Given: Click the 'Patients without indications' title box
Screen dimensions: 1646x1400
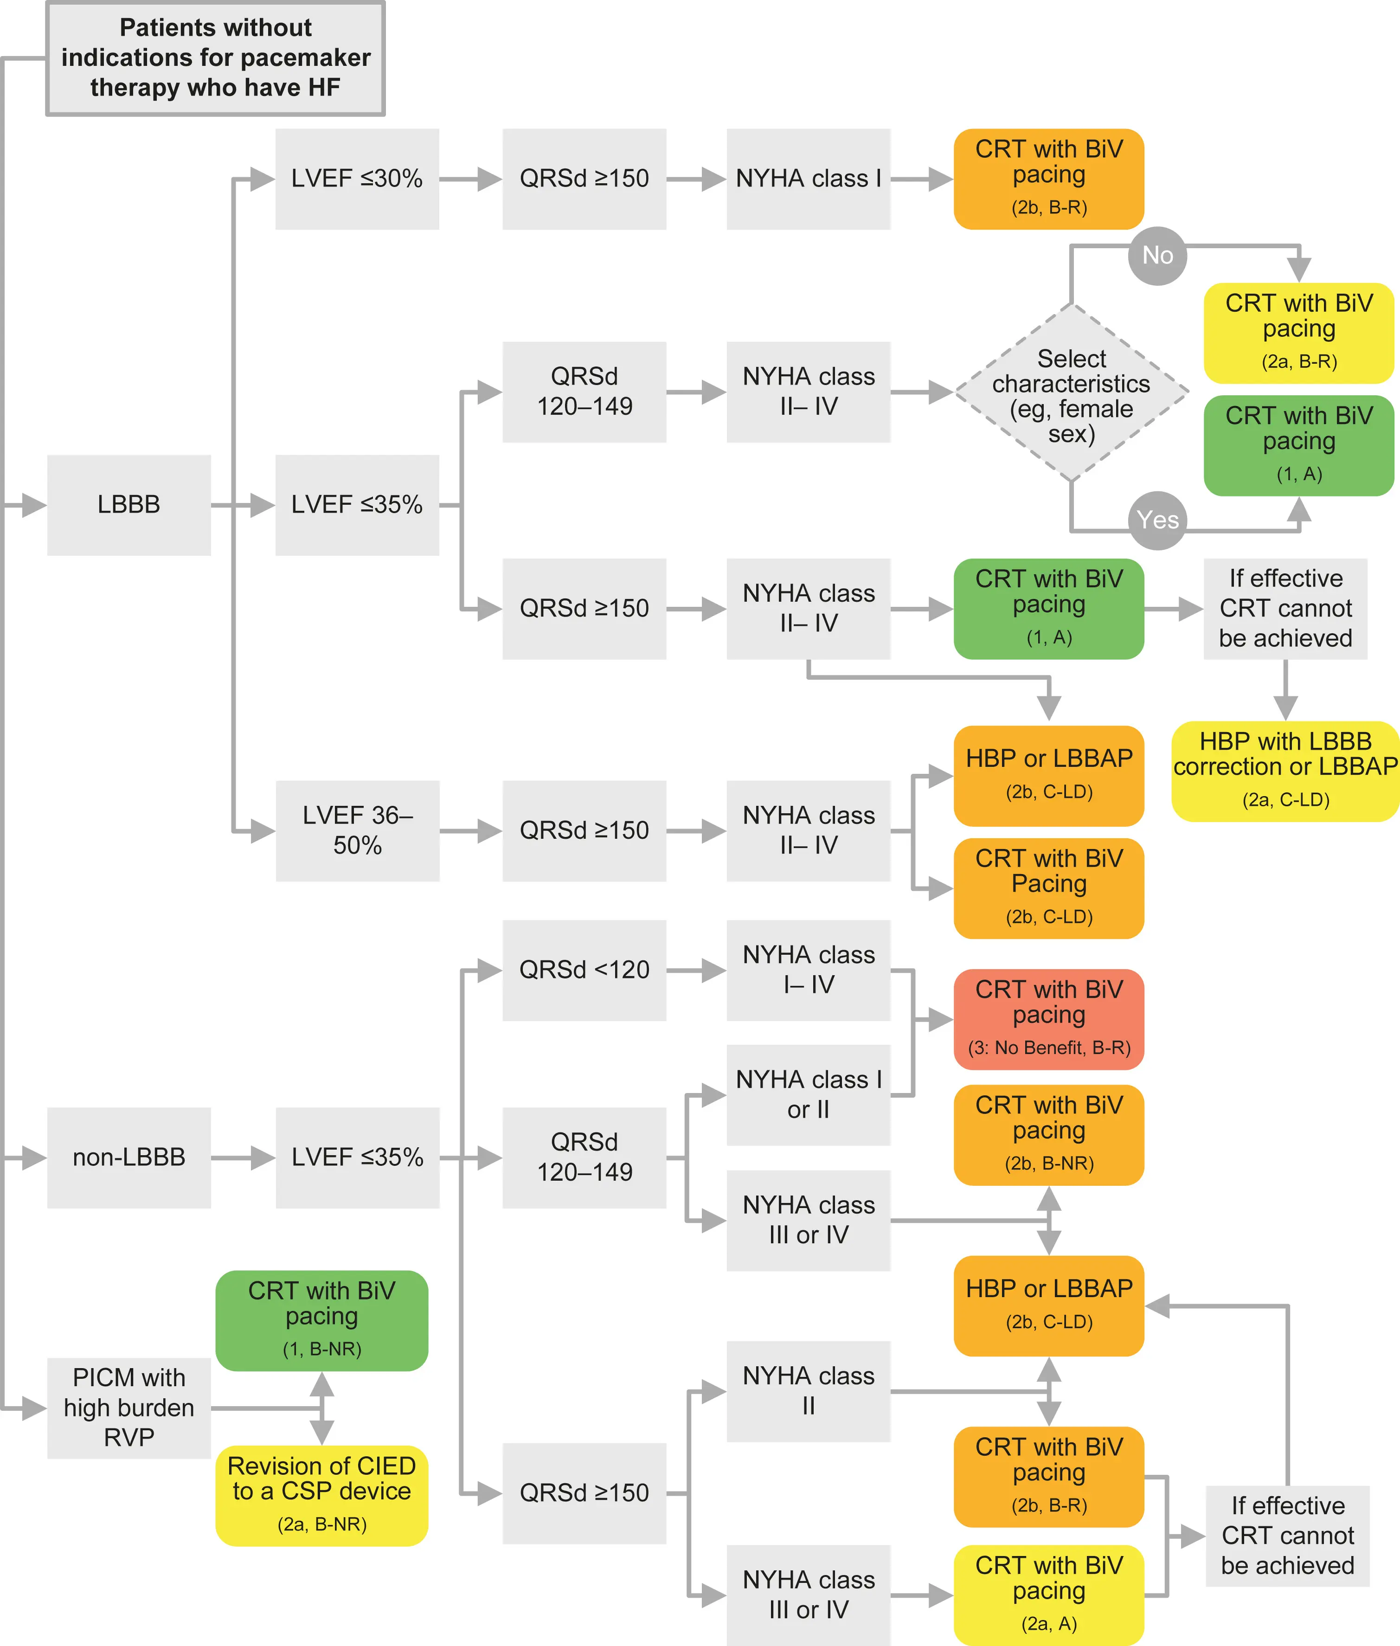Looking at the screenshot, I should (x=215, y=58).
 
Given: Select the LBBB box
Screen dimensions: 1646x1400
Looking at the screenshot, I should (x=128, y=505).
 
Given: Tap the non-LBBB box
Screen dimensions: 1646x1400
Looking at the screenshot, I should (x=128, y=1157).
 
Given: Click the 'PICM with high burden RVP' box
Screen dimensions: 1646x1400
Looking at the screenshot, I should (x=128, y=1407).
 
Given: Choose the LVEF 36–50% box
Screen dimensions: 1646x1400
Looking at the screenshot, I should (x=357, y=830).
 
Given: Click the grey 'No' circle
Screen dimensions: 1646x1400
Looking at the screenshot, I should (x=1157, y=256).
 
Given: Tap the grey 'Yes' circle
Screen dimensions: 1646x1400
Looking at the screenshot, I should (x=1157, y=521).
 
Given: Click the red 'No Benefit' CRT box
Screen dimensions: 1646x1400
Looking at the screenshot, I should (x=1048, y=1019).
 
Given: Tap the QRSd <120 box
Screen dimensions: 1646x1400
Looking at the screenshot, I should (x=584, y=970).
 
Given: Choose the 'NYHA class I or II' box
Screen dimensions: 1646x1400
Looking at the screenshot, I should (x=808, y=1094).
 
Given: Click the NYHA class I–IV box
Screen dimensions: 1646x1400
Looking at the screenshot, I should (x=808, y=970).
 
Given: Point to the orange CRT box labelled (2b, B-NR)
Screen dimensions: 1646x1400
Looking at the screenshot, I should (x=1048, y=1135).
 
